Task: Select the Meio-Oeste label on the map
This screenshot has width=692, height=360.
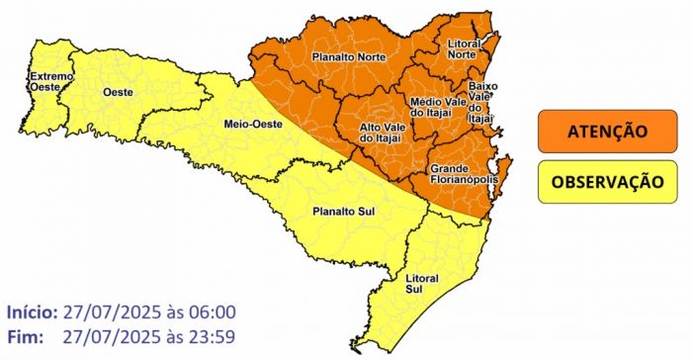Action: click(x=255, y=124)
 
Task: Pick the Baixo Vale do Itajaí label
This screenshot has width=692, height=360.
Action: click(x=481, y=103)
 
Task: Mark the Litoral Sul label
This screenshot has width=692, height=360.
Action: click(x=423, y=285)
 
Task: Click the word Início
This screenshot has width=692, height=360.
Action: click(x=31, y=312)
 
